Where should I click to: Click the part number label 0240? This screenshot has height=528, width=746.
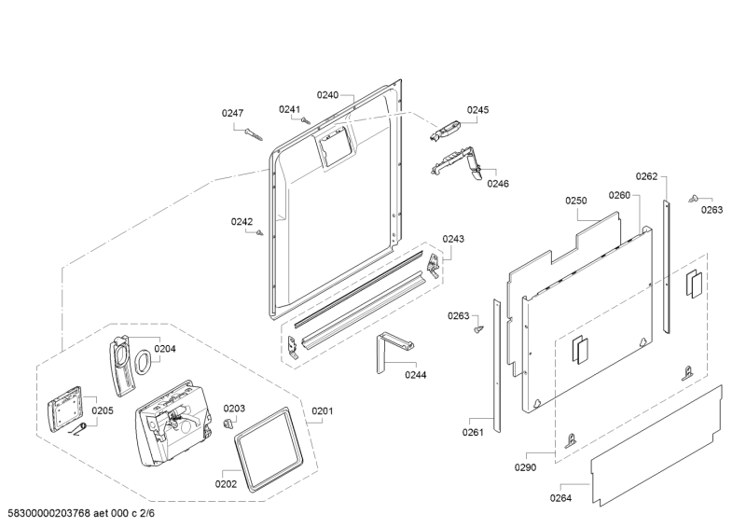[327, 95]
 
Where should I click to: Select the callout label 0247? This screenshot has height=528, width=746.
[232, 113]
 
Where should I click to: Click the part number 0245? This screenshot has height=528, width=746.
[477, 109]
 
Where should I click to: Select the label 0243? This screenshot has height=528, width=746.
[453, 239]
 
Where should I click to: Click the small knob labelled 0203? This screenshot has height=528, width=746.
[227, 424]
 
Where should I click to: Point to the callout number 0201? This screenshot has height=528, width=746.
[322, 411]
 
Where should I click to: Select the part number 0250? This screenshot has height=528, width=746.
[575, 201]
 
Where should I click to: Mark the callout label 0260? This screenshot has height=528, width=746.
[619, 195]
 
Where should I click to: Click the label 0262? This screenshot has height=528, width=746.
[647, 176]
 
